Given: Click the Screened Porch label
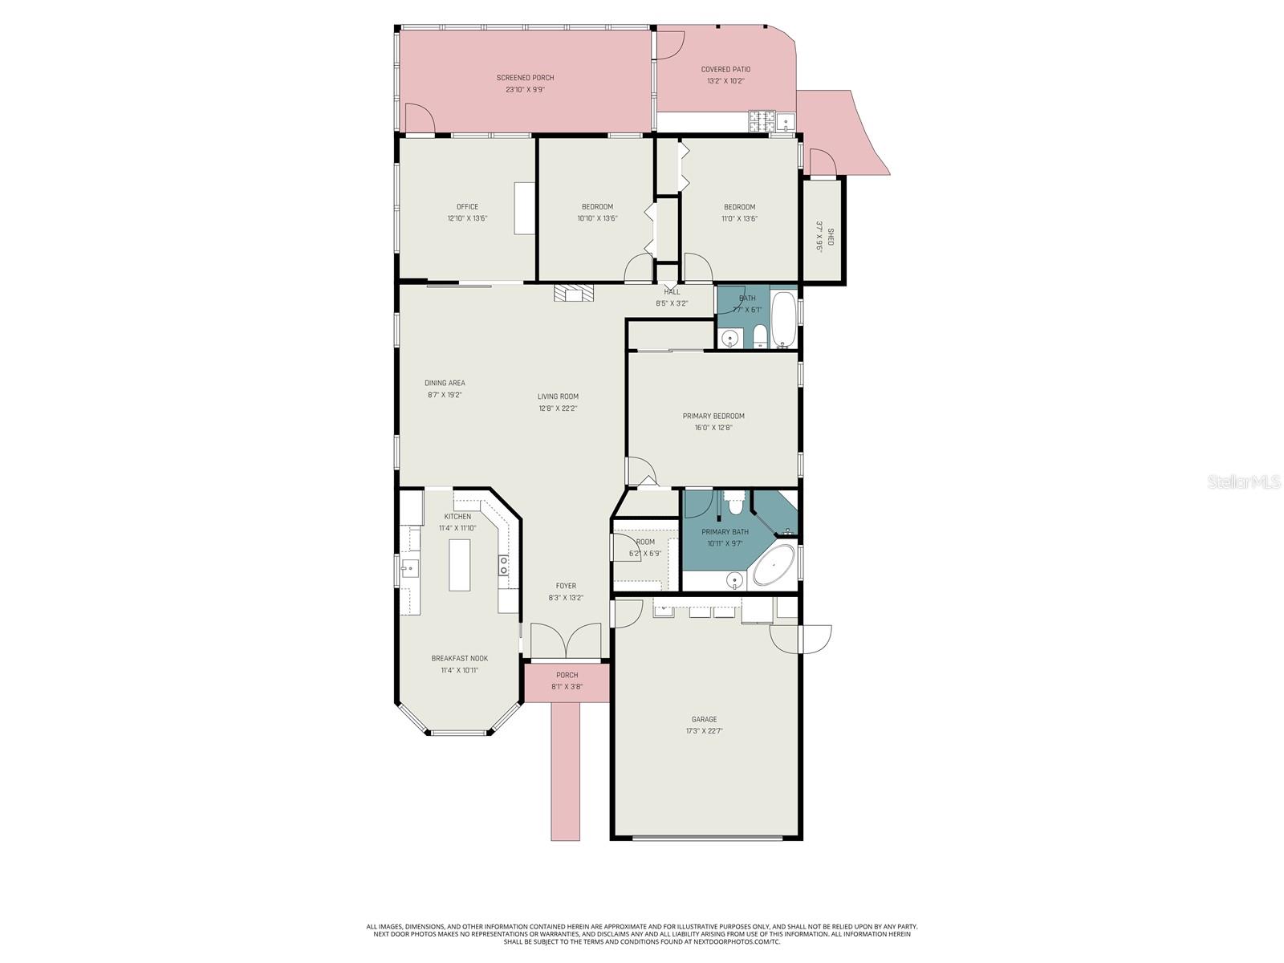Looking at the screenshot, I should [525, 78].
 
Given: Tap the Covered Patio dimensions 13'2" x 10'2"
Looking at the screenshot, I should [725, 81].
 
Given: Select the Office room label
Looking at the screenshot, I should [467, 207].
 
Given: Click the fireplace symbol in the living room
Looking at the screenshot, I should [575, 294].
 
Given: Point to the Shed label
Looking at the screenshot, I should [831, 237].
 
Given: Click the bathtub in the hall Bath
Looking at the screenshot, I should [783, 319].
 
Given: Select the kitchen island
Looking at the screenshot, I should [460, 565].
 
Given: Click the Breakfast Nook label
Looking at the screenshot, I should [459, 659].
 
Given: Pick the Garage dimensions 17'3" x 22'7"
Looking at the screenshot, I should [705, 731].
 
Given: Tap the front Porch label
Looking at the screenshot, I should [567, 675].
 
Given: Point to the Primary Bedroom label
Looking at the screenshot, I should [713, 416].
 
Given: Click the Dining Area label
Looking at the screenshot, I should [445, 383].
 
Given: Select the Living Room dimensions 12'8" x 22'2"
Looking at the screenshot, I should [558, 408].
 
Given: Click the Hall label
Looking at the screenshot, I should [672, 292].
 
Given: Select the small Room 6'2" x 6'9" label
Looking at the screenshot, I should [644, 542].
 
